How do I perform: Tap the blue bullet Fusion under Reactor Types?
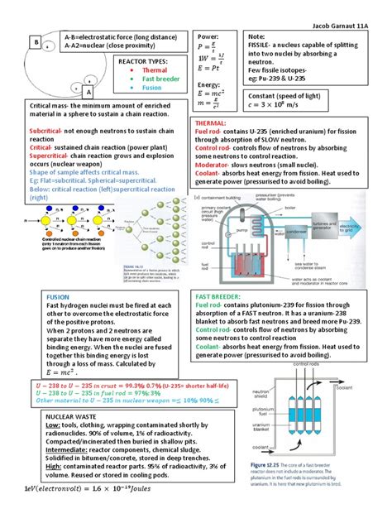(x=151, y=87)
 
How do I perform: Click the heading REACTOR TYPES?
(x=142, y=61)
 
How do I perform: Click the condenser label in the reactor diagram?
(x=313, y=232)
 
